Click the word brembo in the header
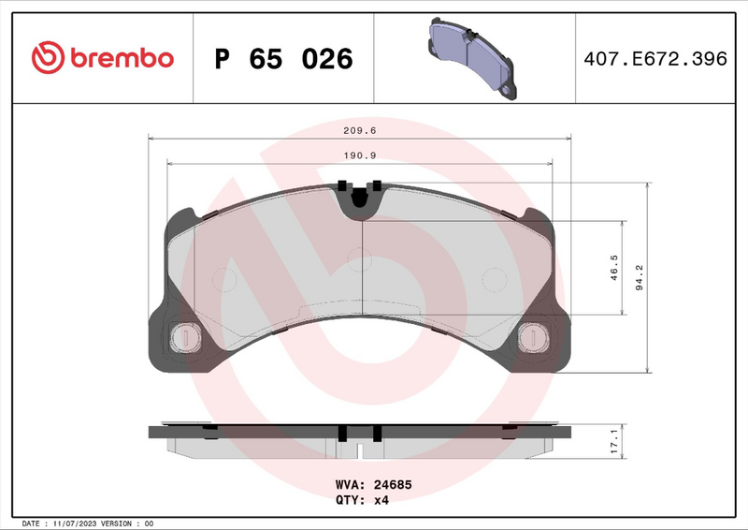[x=119, y=58]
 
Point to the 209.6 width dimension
[x=360, y=131]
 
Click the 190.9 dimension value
[x=360, y=155]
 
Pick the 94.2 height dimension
[x=640, y=278]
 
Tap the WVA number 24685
[x=393, y=486]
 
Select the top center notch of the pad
[x=360, y=197]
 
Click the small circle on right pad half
[x=493, y=279]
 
